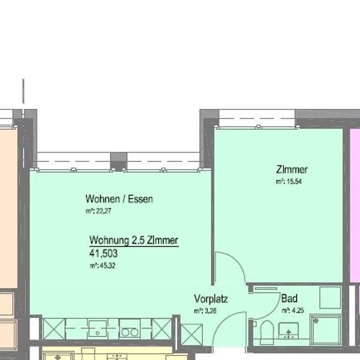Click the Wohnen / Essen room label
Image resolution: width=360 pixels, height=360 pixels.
coord(119,199)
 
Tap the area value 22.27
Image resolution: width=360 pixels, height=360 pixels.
coord(103,211)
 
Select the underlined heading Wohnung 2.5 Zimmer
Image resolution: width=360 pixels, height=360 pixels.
coord(134,240)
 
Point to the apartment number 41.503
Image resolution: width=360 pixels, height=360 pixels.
coord(103,253)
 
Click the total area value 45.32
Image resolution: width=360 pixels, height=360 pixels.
coord(108,266)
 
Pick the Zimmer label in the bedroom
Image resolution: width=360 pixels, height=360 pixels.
coord(292,170)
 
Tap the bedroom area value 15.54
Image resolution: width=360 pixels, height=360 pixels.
coord(294,182)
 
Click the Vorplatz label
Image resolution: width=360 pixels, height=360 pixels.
coord(211,299)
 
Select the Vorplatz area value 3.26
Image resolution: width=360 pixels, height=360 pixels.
coord(210,311)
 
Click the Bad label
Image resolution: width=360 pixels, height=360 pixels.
coord(289,298)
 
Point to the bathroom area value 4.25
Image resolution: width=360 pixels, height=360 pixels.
coord(298,311)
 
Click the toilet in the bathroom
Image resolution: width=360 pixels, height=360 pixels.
coord(267,332)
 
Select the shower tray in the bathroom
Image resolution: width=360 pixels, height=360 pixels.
coord(325,330)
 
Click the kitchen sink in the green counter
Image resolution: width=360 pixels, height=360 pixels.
coord(98,329)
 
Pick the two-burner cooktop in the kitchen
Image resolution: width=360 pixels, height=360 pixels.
coord(130,329)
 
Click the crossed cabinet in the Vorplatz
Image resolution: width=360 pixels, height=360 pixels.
coord(192,334)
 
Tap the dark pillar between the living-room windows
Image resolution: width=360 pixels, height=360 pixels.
coord(119,162)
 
